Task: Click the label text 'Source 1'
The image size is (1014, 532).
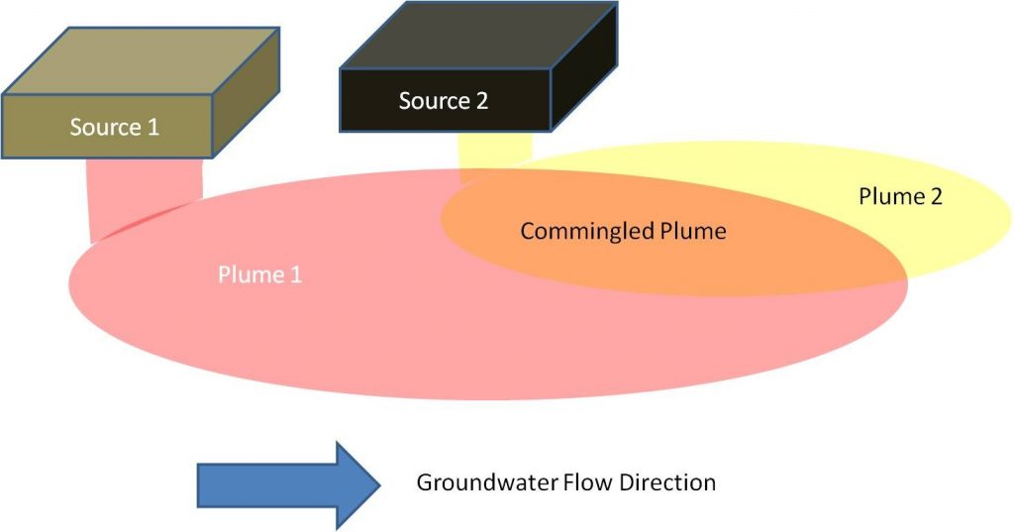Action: coord(114,127)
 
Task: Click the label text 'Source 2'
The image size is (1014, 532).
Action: coord(443,100)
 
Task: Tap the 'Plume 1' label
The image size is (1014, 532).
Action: coord(259,274)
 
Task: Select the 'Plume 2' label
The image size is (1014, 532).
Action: coord(900,196)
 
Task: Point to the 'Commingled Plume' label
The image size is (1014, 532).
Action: coord(623,232)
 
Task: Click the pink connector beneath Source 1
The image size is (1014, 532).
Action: coord(146,193)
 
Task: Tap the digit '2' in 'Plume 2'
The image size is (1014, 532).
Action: coord(935,196)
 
